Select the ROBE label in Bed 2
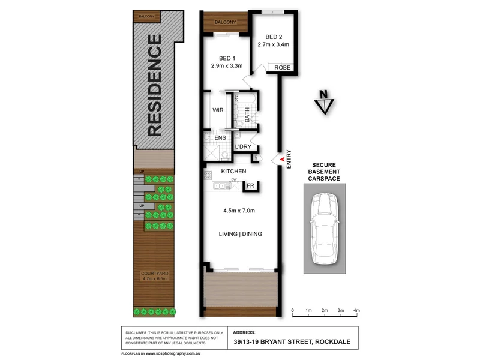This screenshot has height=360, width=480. coord(282,68)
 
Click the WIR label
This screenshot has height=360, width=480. coord(217,110)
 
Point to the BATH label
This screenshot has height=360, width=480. coord(247,113)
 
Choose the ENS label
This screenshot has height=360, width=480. coord(220,138)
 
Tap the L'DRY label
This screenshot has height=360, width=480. coord(243,147)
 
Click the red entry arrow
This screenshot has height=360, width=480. coord(278,159)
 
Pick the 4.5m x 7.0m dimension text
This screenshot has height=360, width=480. coord(239,211)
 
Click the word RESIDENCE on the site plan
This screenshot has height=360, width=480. coord(154,85)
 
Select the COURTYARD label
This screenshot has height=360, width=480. coord(154,273)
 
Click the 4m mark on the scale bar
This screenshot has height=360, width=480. coord(356,311)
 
